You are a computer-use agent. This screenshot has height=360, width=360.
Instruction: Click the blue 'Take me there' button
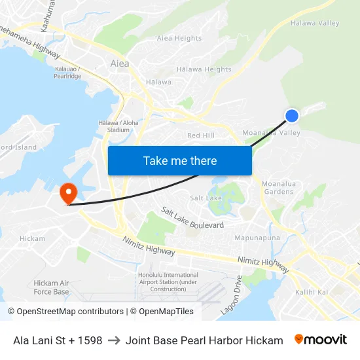(x=180, y=160)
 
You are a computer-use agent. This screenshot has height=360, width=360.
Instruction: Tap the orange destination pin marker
(x=68, y=193)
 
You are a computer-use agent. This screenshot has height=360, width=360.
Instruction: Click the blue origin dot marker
(x=292, y=116)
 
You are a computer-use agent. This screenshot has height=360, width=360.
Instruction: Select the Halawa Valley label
(x=314, y=23)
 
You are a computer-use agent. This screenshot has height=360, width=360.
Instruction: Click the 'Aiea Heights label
(x=179, y=38)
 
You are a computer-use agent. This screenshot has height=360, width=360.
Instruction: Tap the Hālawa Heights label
(x=204, y=69)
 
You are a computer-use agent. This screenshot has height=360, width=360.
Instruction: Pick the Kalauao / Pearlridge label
(x=68, y=72)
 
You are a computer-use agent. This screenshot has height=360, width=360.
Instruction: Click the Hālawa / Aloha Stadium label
(x=118, y=126)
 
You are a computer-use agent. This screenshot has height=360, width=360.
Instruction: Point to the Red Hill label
(x=200, y=135)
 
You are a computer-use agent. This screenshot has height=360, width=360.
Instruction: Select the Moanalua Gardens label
(x=278, y=188)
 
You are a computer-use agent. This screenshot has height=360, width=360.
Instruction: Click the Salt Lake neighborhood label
(x=206, y=198)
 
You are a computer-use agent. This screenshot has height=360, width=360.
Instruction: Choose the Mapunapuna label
(x=257, y=237)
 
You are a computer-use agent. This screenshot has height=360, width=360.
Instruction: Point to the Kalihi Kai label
(x=312, y=292)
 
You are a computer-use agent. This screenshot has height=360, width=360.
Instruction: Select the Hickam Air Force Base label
(x=51, y=287)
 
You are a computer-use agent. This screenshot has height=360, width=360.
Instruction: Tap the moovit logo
(x=320, y=340)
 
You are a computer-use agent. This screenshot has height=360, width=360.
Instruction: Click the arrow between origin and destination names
(x=114, y=340)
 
